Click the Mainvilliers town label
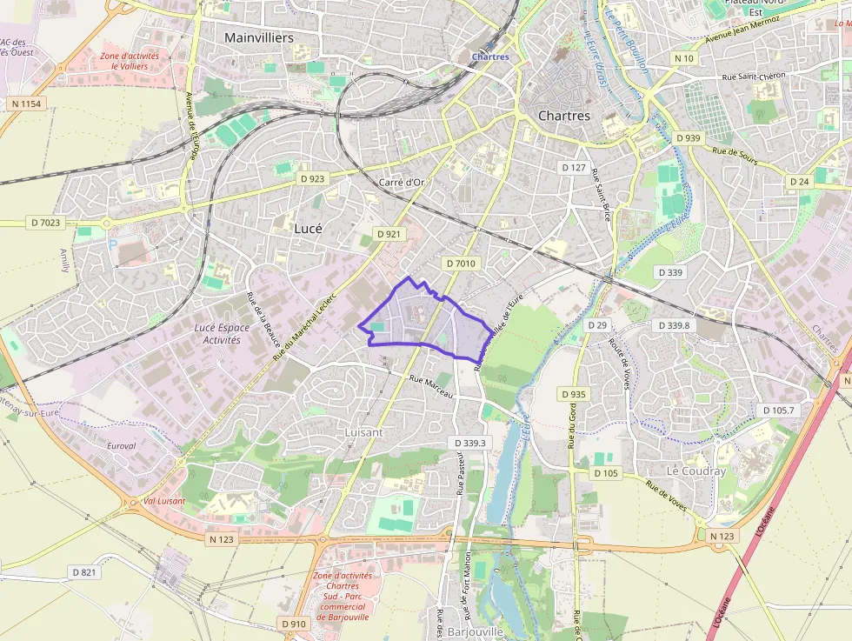[x=259, y=37]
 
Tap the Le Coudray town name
[x=696, y=471]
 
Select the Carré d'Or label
[x=402, y=182]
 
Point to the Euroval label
[x=121, y=445]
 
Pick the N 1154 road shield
[x=27, y=103]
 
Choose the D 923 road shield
[x=311, y=178]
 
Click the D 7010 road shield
[x=461, y=263]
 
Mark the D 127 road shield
[x=574, y=167]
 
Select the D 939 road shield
[x=688, y=137]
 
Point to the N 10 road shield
[x=684, y=58]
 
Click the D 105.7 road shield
[x=778, y=410]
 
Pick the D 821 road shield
[x=83, y=571]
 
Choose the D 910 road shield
[x=294, y=624]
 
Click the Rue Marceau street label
[x=431, y=386]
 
